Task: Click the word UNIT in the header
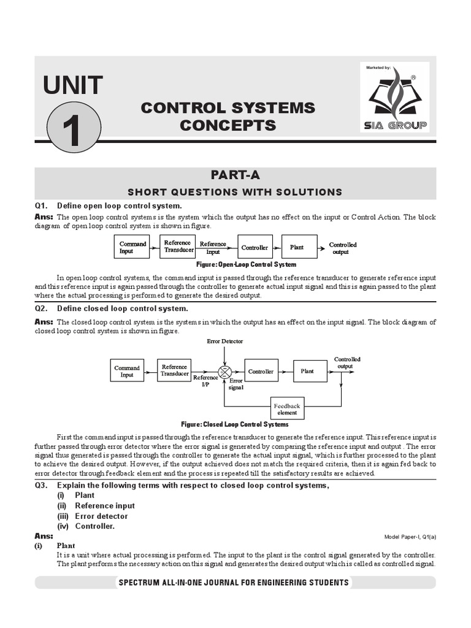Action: tap(73, 85)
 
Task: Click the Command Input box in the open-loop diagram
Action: tap(132, 247)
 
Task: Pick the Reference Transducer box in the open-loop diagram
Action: tap(178, 247)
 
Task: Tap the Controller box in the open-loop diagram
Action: tap(255, 247)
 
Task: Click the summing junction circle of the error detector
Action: tap(225, 372)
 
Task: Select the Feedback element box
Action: tap(287, 409)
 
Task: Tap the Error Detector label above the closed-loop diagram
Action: tap(224, 341)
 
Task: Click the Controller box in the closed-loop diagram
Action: tap(261, 371)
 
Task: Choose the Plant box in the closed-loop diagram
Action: tap(307, 371)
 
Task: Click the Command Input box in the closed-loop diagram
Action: tap(127, 372)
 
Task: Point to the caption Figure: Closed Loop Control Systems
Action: tap(235, 424)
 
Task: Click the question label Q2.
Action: tap(41, 308)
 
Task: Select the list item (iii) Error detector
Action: tap(93, 516)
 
